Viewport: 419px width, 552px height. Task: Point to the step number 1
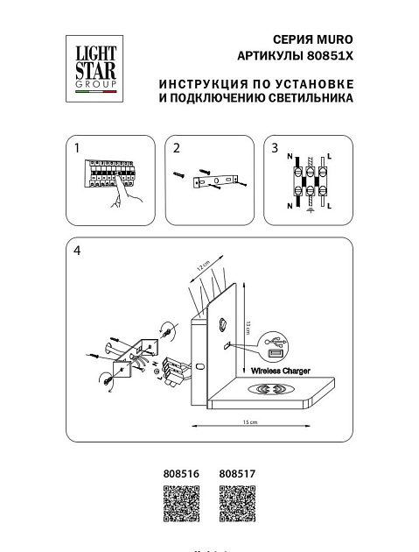tap(78, 148)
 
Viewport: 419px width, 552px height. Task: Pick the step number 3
tap(275, 148)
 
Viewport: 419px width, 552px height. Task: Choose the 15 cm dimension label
tap(250, 423)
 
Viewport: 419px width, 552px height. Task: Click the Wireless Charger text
tap(281, 371)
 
